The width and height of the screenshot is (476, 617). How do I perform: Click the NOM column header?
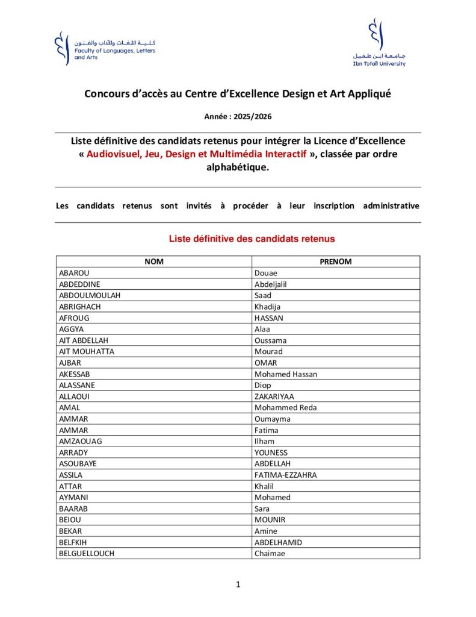tap(154, 262)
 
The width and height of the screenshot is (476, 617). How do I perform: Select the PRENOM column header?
tap(336, 262)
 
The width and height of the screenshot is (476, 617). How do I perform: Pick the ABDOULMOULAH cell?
tap(90, 295)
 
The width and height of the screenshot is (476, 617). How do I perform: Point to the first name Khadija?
tap(268, 307)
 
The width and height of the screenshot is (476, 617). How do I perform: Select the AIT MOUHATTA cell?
tap(86, 351)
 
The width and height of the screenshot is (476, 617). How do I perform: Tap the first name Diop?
tap(263, 385)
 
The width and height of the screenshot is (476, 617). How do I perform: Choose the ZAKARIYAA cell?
tap(274, 396)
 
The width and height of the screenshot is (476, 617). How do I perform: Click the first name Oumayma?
tap(273, 419)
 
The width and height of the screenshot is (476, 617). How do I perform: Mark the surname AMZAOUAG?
tap(81, 441)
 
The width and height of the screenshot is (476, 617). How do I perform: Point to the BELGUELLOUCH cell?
tap(86, 553)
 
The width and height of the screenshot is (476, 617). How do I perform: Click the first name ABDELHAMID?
tap(279, 542)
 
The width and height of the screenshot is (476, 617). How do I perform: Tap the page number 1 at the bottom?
tap(238, 584)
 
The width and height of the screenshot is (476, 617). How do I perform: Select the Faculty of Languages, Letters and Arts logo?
tap(105, 49)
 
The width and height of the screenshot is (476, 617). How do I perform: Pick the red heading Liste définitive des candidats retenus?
tap(252, 239)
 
